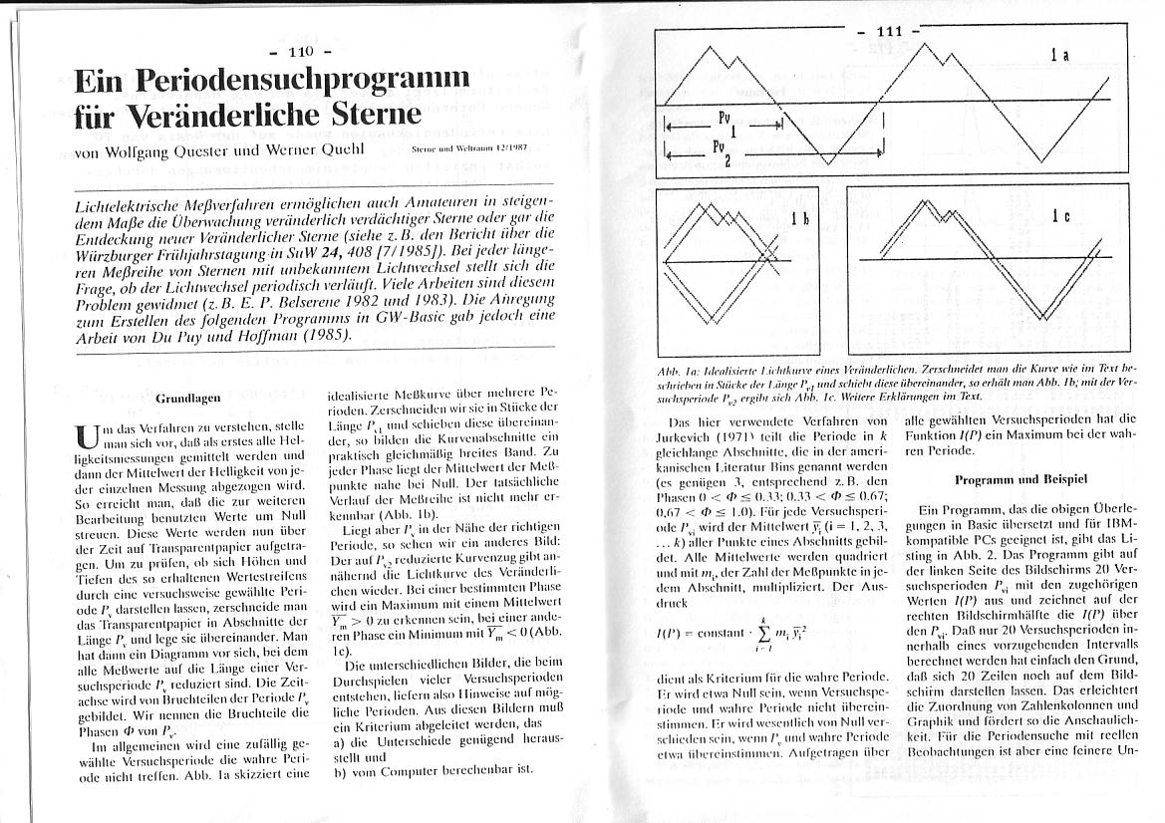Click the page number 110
point(300,51)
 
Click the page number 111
point(888,31)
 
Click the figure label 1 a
point(1059,57)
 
